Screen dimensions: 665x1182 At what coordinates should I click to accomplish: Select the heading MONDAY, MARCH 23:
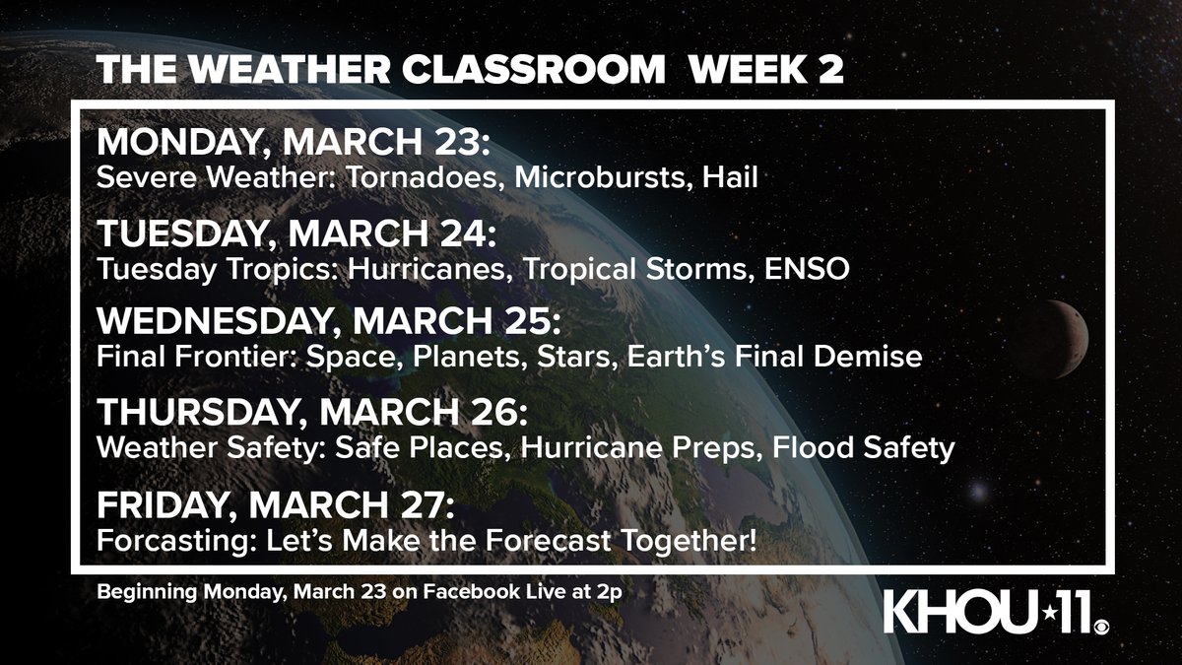293,144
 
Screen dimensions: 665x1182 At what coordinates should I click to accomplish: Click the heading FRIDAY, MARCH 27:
275,506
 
